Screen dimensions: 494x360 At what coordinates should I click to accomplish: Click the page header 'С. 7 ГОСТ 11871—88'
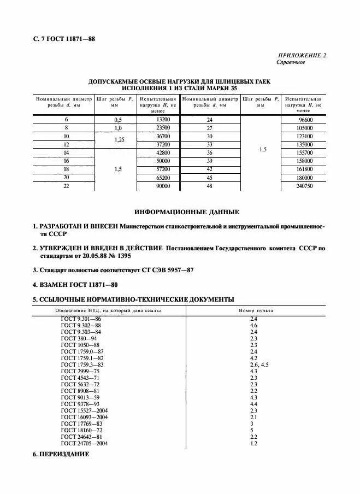(64, 39)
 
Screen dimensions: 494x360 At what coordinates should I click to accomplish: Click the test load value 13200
(163, 119)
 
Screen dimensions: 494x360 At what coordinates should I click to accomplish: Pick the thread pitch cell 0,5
(117, 119)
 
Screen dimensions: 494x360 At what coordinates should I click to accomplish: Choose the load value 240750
(304, 186)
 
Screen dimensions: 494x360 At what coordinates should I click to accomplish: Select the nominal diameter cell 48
(209, 186)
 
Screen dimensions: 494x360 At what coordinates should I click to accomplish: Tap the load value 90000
(163, 186)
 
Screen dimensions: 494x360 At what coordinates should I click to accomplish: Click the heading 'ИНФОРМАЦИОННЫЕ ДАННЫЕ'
(186, 212)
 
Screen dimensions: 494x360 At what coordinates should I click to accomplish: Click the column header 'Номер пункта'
(256, 310)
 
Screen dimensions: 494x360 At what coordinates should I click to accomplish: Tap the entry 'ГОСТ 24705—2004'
(84, 443)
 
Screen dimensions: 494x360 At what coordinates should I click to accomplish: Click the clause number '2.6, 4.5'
(259, 364)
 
